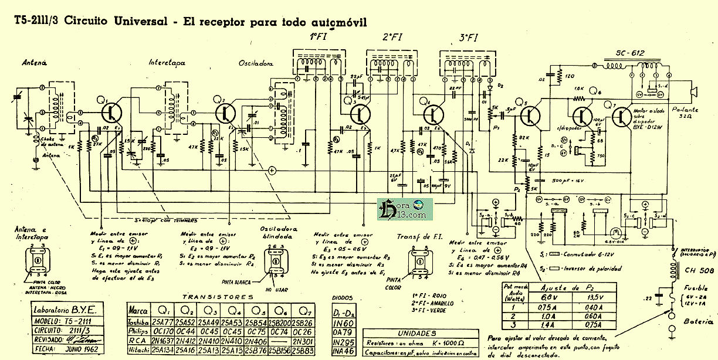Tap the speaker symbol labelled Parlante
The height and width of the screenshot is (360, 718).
pos(695,91)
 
